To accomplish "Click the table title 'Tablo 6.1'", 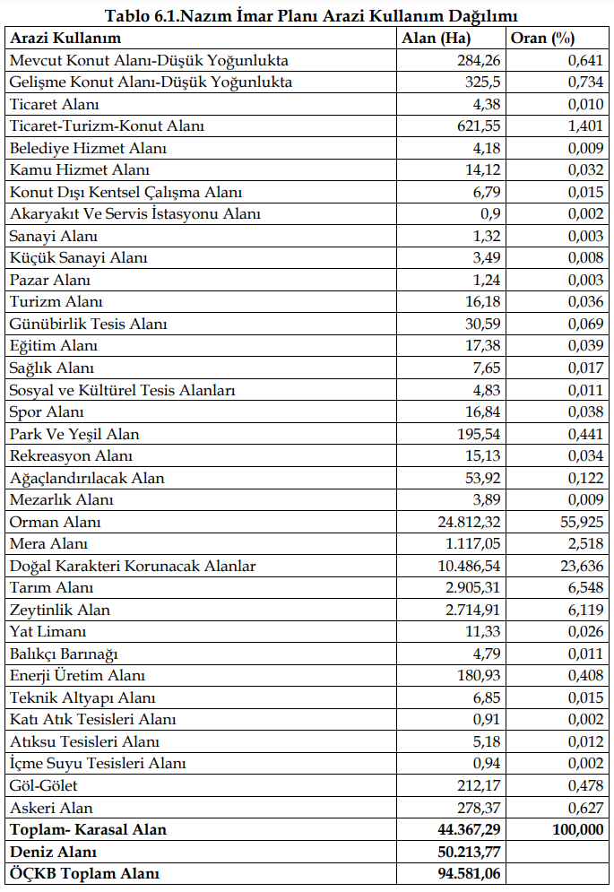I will pos(311,16).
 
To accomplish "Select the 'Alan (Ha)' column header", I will pos(436,39).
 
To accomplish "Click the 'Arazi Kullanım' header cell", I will pos(65,39).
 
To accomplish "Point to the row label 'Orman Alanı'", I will pos(55,522).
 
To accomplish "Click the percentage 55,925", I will pos(579,522).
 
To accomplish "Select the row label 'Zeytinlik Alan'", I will pos(60,610).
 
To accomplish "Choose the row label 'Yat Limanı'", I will pos(48,632).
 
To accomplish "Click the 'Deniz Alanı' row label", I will pos(53,852).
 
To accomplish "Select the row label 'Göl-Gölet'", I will pos(44,785).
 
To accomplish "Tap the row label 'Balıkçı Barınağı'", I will pos(64,654).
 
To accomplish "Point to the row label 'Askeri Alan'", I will pos(51,808).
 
